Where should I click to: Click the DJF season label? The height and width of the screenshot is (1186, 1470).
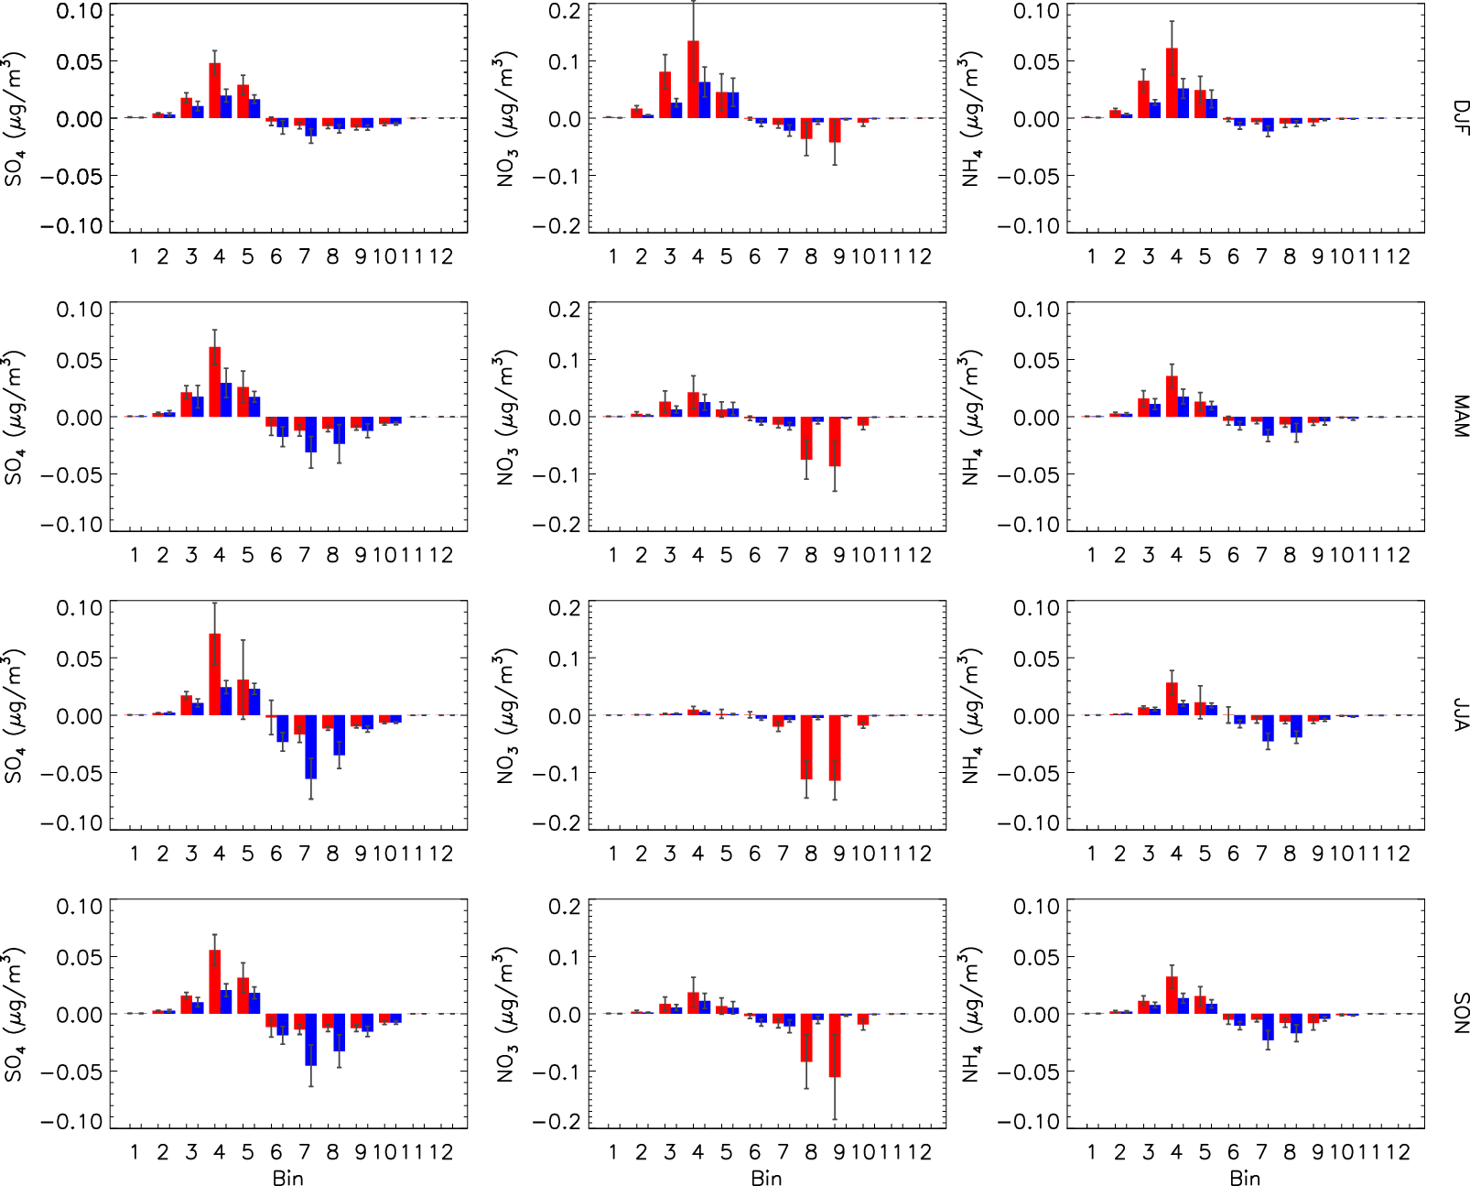point(1460,118)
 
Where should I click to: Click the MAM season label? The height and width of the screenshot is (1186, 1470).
point(1460,417)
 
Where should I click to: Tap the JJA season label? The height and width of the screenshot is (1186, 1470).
point(1460,715)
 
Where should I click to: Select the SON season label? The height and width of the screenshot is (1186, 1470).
point(1460,1013)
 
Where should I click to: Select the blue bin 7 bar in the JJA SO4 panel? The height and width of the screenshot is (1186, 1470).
point(311,746)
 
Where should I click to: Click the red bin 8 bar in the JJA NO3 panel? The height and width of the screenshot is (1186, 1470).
point(806,746)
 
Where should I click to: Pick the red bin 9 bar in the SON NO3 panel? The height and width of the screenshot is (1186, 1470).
point(835,1045)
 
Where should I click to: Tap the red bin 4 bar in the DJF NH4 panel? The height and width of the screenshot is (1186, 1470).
point(1172,83)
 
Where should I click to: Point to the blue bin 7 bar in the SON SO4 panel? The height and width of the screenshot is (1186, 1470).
point(311,1039)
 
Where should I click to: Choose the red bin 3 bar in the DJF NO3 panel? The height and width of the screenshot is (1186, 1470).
point(665,95)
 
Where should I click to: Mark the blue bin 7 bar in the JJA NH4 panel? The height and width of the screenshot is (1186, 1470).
point(1268,728)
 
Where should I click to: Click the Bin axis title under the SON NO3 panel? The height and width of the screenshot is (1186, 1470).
point(766,1178)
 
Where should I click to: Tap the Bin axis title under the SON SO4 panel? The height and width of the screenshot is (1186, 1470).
point(287,1178)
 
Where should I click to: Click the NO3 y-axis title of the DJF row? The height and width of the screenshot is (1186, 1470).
point(506,118)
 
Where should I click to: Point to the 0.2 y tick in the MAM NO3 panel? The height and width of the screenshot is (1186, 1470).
point(564,310)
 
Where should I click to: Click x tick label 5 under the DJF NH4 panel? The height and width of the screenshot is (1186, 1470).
point(1205,257)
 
